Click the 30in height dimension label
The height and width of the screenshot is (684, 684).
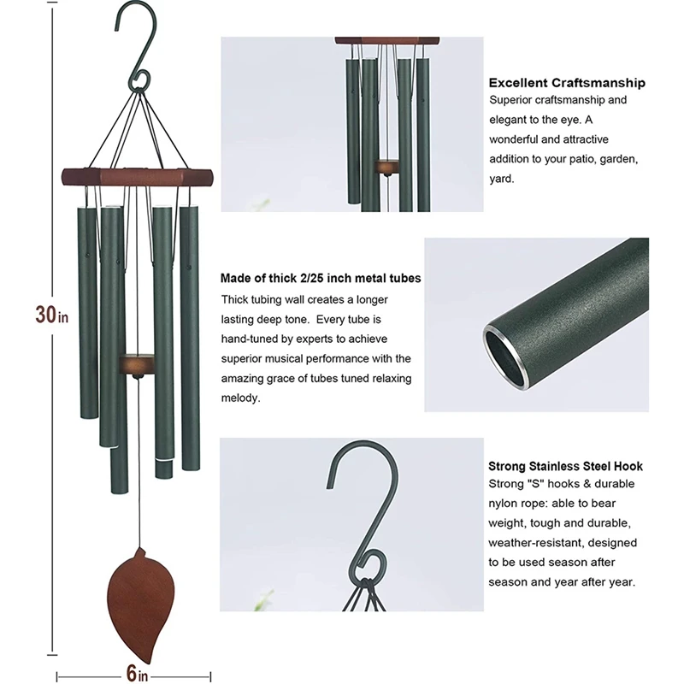[50, 314]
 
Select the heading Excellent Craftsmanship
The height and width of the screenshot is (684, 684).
[566, 83]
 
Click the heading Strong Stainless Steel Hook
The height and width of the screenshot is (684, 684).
[565, 466]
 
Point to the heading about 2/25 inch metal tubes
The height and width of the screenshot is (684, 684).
[320, 279]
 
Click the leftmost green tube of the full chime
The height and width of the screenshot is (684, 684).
[88, 312]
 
